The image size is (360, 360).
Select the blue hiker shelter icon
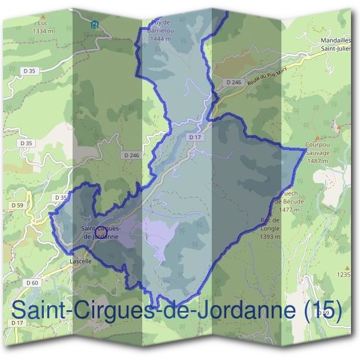pyautogui.click(x=94, y=25)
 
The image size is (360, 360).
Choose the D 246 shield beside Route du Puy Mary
pyautogui.click(x=233, y=82)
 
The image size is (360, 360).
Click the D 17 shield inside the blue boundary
pyautogui.click(x=193, y=137)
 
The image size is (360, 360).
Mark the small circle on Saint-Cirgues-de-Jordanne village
pyautogui.click(x=101, y=230)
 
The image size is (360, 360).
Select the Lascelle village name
pyautogui.click(x=80, y=262)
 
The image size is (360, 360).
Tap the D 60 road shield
pyautogui.click(x=32, y=283)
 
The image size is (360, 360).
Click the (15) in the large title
pyautogui.click(x=322, y=310)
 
